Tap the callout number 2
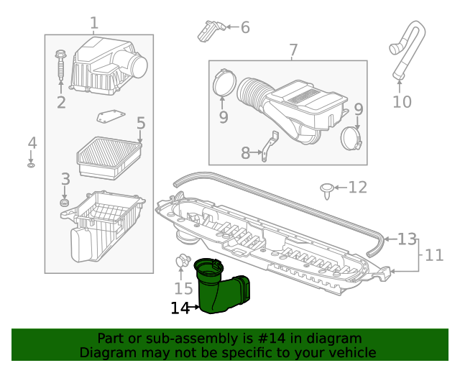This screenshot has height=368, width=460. pyautogui.click(x=61, y=103)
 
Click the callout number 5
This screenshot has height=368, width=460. pyautogui.click(x=141, y=124)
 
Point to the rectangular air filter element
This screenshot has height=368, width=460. pyautogui.click(x=109, y=157)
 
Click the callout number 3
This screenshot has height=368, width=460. pyautogui.click(x=65, y=179)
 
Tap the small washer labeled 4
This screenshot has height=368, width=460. pyautogui.click(x=32, y=165)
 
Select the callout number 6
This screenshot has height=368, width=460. pyautogui.click(x=245, y=28)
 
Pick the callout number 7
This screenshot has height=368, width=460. pyautogui.click(x=293, y=50)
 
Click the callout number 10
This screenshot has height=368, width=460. pyautogui.click(x=402, y=101)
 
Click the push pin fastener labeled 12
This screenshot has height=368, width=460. pyautogui.click(x=327, y=190)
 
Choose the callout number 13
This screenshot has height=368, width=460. pyautogui.click(x=407, y=239)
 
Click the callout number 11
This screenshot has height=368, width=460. pyautogui.click(x=434, y=254)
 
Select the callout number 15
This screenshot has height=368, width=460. pyautogui.click(x=183, y=288)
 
